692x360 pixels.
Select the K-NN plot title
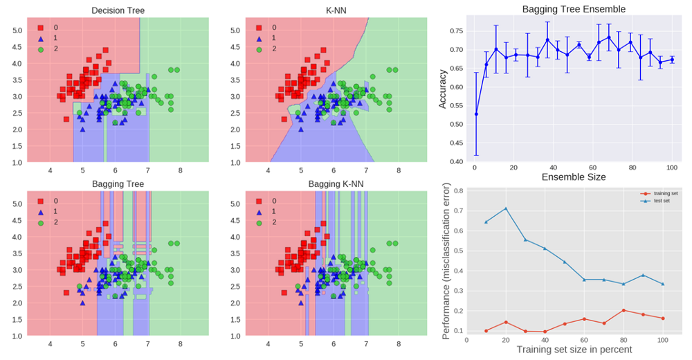pyautogui.click(x=336, y=10)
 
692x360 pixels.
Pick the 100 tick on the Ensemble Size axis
pyautogui.click(x=671, y=168)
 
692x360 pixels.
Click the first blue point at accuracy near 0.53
pyautogui.click(x=476, y=114)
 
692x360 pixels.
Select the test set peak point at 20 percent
pyautogui.click(x=506, y=208)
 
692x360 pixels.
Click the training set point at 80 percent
pyautogui.click(x=623, y=310)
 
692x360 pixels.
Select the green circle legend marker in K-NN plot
pyautogui.click(x=259, y=49)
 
